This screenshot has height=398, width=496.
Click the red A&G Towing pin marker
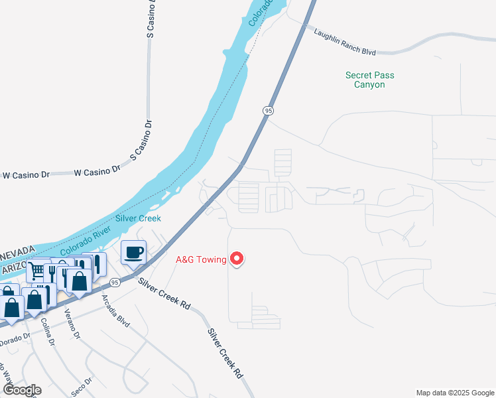pos(236,259)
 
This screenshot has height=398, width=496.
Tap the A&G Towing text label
pos(200,259)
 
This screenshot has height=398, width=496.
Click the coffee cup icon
pos(133,252)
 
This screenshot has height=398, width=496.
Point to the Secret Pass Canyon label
pos(369,80)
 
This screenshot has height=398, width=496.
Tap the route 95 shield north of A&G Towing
pos(268,111)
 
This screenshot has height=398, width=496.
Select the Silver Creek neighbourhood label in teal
pos(138,218)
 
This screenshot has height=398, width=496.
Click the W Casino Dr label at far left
pos(27,175)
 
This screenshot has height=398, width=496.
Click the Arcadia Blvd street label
pos(115,310)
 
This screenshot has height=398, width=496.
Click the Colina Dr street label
pos(48,330)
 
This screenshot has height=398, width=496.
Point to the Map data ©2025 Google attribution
pos(454,393)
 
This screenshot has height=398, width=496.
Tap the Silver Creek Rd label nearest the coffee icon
pos(164,294)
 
